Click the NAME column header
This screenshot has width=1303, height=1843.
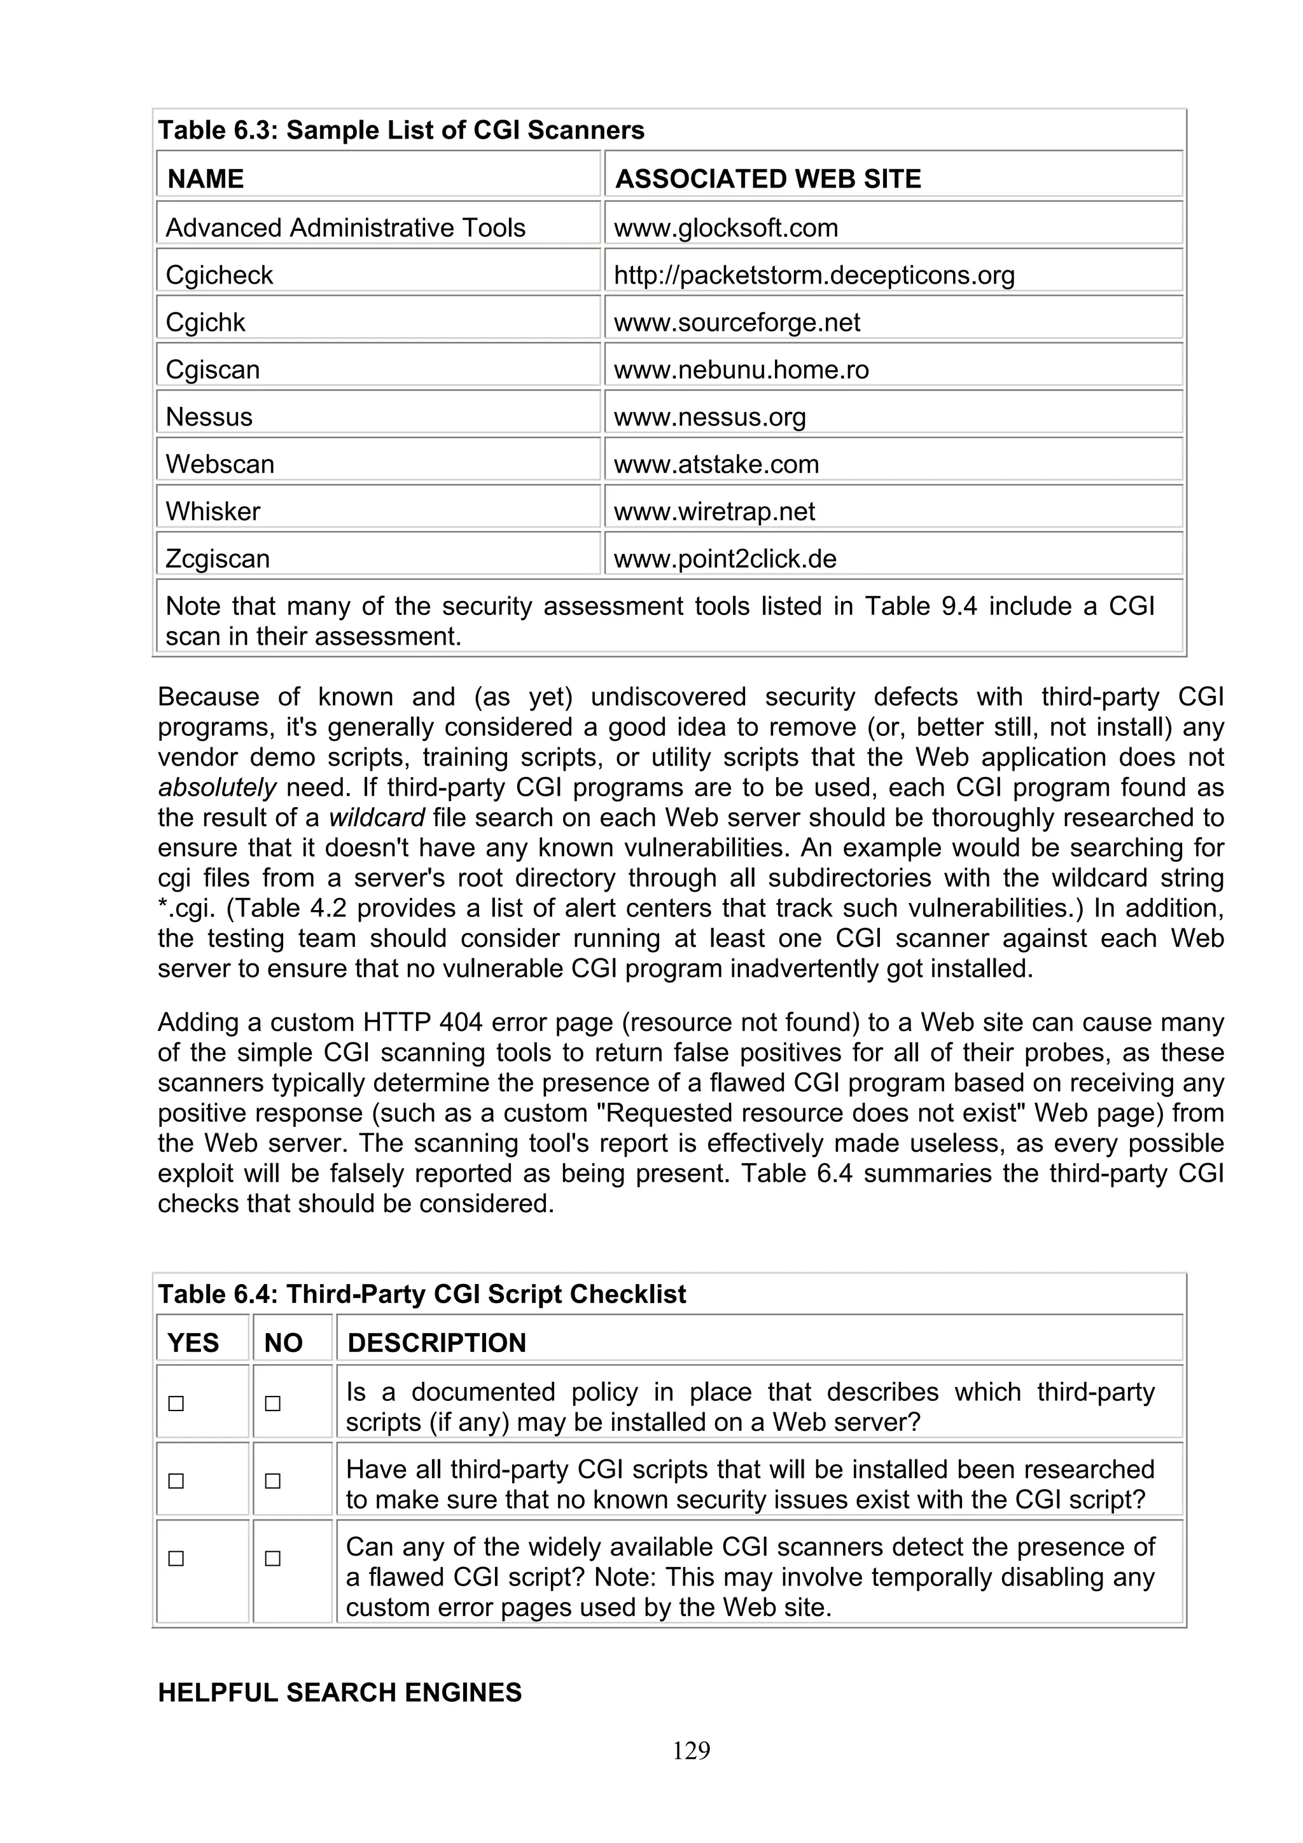[206, 178]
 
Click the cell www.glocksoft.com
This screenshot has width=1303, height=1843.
[726, 228]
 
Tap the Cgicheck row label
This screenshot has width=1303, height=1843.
[219, 275]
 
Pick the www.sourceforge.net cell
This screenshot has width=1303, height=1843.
[736, 322]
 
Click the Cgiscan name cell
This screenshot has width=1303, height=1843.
[213, 370]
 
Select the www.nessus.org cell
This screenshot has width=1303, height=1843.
[709, 417]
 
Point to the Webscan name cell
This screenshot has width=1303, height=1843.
[220, 464]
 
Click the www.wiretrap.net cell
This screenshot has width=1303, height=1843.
[714, 511]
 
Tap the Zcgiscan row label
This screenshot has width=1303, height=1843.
[218, 558]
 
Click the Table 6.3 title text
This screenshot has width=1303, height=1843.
[401, 130]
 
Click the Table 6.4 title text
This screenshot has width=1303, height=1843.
[421, 1294]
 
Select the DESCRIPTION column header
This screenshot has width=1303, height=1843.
[436, 1343]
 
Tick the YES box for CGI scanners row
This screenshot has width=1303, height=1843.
[176, 1559]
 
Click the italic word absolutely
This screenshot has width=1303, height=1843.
[217, 787]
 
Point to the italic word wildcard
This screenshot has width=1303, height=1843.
[377, 818]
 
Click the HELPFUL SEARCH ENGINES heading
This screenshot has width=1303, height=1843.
[340, 1692]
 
